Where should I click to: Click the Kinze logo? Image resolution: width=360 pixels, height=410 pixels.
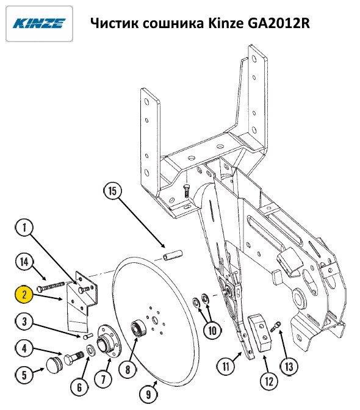pos(39,24)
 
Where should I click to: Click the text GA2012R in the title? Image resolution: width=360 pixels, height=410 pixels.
pos(279,23)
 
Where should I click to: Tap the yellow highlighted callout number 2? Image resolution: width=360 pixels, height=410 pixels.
pos(24,295)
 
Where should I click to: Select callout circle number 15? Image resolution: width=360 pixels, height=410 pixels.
pos(112,190)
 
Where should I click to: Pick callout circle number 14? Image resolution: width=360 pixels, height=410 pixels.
pos(24,262)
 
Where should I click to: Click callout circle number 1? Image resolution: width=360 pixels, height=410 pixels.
pos(24,228)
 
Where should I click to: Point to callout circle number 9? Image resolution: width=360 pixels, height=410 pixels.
pos(149,394)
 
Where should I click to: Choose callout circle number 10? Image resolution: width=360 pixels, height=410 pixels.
pos(212,331)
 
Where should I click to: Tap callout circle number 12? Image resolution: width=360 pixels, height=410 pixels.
pos(269,381)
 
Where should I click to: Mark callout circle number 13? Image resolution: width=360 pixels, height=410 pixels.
pos(289,366)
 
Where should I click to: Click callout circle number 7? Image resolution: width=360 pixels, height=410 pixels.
pos(103,379)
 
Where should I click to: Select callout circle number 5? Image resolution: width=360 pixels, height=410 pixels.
pos(24,375)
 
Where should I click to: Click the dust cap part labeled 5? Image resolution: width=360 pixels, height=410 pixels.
pos(54,365)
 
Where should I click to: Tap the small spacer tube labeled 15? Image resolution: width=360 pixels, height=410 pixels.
pos(173,255)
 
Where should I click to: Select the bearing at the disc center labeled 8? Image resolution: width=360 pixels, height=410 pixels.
pos(139,328)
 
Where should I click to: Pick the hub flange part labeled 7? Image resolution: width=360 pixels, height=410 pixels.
pos(109,342)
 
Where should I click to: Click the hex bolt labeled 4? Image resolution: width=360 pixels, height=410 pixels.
pos(74,357)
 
